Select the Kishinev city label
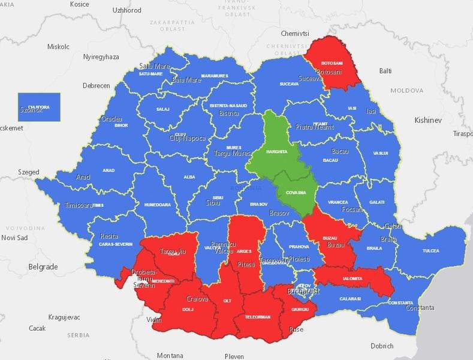pyautogui.click(x=427, y=121)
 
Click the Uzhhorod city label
pyautogui.click(x=126, y=10)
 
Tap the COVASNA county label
pyautogui.click(x=296, y=193)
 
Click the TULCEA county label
pyautogui.click(x=430, y=251)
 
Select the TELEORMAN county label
pyautogui.click(x=258, y=316)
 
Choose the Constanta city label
pyautogui.click(x=420, y=308)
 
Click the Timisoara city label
pyautogui.click(x=79, y=205)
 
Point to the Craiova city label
pyautogui.click(x=197, y=299)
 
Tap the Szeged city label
pyautogui.click(x=28, y=172)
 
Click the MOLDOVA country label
pyautogui.click(x=406, y=91)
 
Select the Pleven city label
pyautogui.click(x=234, y=356)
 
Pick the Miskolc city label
pyautogui.click(x=59, y=46)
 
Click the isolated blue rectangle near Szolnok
pyautogui.click(x=39, y=107)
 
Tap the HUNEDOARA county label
pyautogui.click(x=157, y=205)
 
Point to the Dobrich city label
pyautogui.click(x=382, y=346)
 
